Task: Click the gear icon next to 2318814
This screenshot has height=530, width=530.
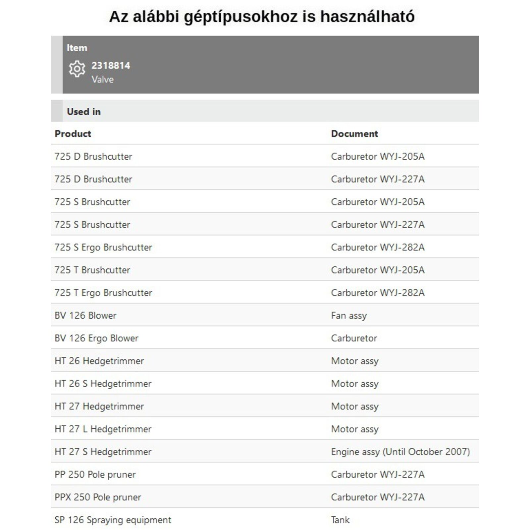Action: point(77,69)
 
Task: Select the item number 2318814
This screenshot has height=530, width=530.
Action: point(111,66)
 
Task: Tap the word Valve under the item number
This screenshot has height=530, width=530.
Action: point(103,79)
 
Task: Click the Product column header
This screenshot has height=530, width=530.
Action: point(73,133)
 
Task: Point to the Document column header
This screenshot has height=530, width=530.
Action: point(354,133)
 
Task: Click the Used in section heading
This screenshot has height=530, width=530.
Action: point(84,112)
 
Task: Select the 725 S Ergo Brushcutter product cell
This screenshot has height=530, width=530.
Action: point(103,247)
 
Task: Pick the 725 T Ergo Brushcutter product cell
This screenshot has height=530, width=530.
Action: point(103,292)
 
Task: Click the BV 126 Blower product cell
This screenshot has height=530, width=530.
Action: point(85,315)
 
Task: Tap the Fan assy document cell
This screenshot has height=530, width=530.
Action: point(349,315)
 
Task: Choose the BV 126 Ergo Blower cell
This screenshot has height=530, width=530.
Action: point(96,338)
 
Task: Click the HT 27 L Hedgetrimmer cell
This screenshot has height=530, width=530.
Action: point(103,429)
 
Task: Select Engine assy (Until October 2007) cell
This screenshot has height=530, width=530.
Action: point(400,452)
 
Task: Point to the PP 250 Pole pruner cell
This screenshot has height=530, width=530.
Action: point(95,474)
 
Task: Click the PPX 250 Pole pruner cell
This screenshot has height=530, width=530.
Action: point(98,497)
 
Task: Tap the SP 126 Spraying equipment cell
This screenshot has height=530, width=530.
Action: point(113,520)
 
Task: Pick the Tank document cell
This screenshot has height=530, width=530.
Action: point(340,520)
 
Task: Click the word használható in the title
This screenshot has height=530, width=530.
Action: point(367,17)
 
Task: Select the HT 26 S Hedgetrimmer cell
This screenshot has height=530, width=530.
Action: point(103,384)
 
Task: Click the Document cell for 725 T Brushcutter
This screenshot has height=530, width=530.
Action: point(378,270)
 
